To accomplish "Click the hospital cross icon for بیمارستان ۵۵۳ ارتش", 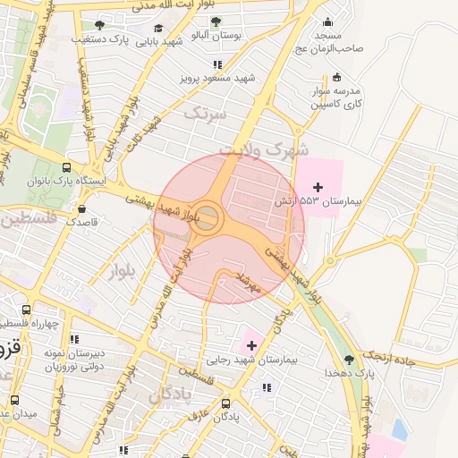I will pos(318,185).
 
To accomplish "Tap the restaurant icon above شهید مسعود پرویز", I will pos(217,64).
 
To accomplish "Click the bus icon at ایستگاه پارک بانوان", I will pos(67,166).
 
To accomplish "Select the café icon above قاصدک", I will pos(81,208).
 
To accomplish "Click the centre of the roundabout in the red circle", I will pos(208,216).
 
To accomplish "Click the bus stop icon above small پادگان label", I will pos(225,404).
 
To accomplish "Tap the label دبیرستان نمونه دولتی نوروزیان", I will pos(74,360).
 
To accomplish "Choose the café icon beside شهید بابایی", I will pos(159,29).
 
